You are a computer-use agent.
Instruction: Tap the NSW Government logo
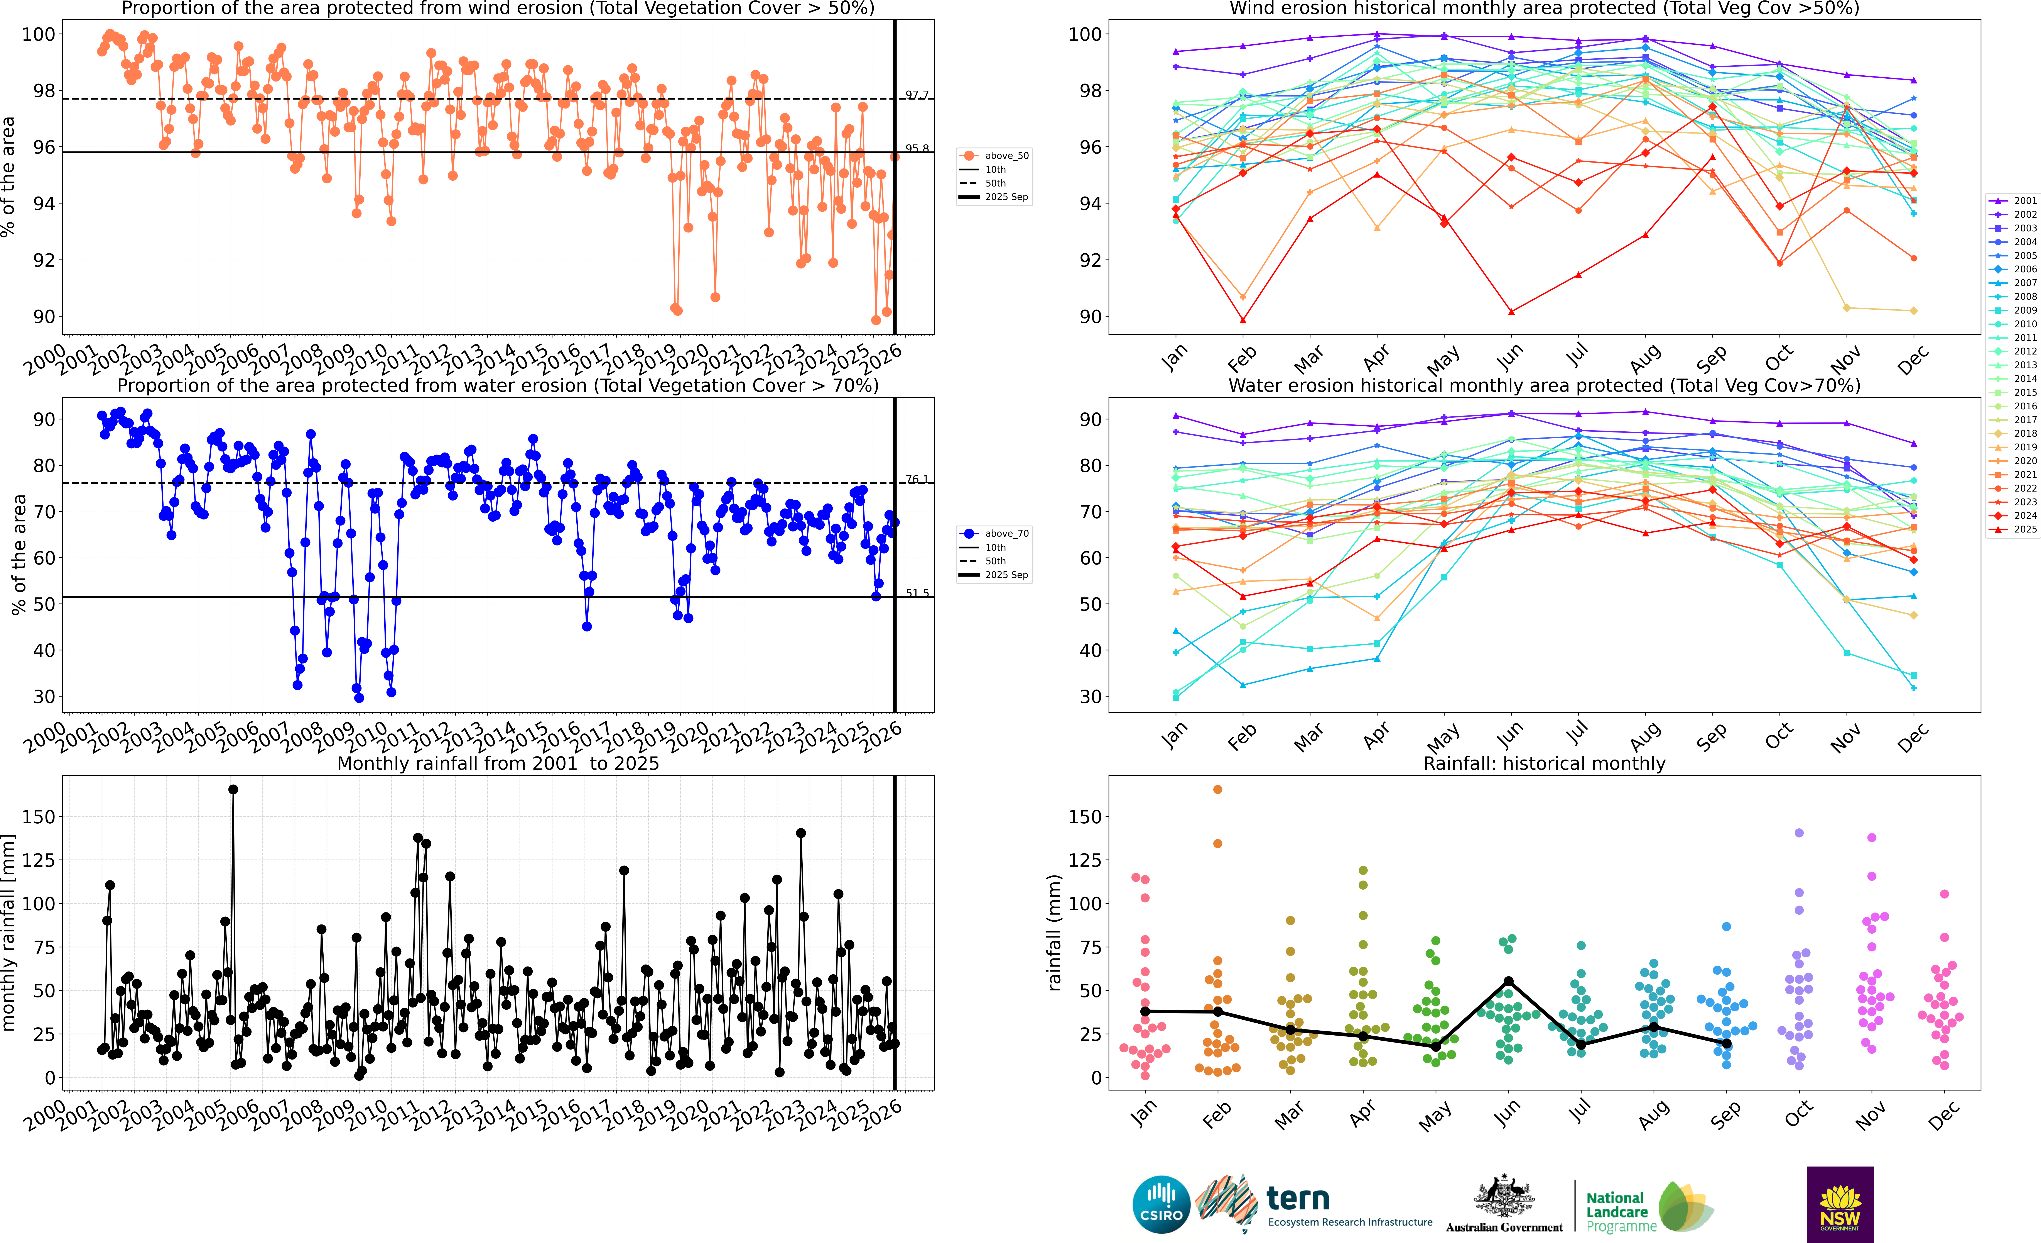pyautogui.click(x=1840, y=1204)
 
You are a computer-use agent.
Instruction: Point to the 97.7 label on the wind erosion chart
pyautogui.click(x=917, y=95)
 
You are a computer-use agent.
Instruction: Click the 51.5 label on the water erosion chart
pyautogui.click(x=917, y=593)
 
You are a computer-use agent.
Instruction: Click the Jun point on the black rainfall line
pyautogui.click(x=1508, y=981)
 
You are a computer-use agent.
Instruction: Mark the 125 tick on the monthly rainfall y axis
pyautogui.click(x=40, y=860)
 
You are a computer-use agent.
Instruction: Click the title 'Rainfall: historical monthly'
pyautogui.click(x=1544, y=763)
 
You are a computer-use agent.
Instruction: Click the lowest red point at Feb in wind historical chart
pyautogui.click(x=1242, y=320)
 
